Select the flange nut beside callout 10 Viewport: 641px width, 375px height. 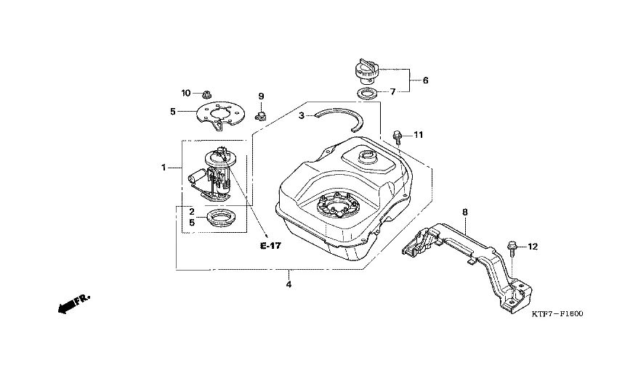(x=206, y=95)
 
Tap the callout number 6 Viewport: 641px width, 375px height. (x=426, y=81)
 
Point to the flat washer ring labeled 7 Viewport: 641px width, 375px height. (x=368, y=94)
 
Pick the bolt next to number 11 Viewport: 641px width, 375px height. (x=397, y=138)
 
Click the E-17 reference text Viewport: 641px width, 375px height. (x=270, y=246)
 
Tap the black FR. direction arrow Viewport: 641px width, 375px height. (x=73, y=304)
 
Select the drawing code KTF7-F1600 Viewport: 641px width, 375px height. (x=557, y=314)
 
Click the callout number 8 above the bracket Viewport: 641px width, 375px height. (x=465, y=213)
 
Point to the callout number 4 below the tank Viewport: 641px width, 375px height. (x=289, y=284)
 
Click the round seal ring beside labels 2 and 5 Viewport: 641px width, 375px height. (x=221, y=218)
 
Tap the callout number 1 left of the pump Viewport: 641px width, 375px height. (x=164, y=168)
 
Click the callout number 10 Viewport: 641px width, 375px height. (x=186, y=93)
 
